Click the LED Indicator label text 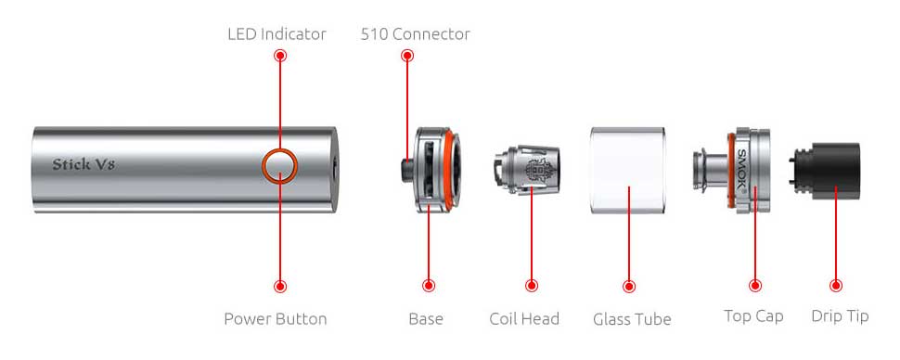276,34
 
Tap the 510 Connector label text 415,34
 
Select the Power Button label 276,318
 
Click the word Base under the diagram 426,318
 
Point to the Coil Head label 524,318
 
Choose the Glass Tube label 632,319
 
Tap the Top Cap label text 753,315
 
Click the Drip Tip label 840,315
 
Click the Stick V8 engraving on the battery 84,165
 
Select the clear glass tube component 628,171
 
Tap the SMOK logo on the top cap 741,171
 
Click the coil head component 526,170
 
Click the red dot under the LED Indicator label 280,55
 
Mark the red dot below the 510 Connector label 407,55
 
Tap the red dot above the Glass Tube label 629,286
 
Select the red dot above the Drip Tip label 836,286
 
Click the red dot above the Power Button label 280,286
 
